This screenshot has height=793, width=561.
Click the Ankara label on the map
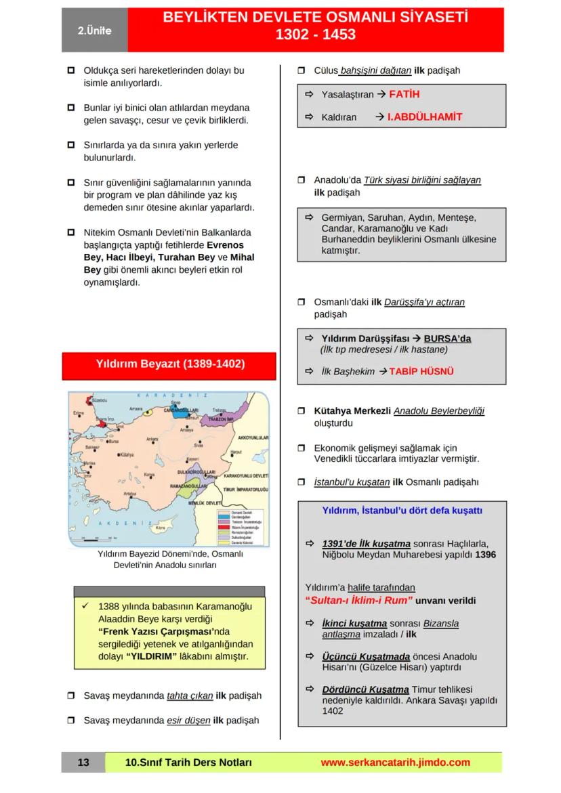point(152,438)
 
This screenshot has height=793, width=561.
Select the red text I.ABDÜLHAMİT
point(425,117)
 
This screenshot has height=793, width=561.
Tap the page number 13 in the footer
point(83,763)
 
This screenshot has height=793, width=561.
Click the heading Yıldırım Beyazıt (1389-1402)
point(169,364)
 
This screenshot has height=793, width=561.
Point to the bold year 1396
point(485,554)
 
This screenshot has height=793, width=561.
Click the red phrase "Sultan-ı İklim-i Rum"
point(358,600)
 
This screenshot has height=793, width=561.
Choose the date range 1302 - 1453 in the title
point(315,35)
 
